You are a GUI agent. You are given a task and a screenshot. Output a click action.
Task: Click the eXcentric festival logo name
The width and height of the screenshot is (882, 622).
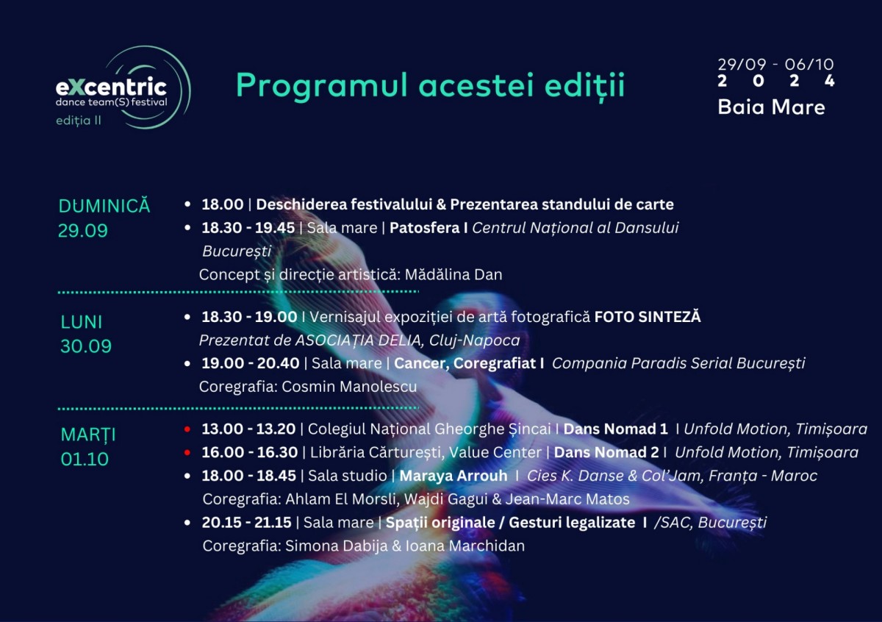tap(111, 87)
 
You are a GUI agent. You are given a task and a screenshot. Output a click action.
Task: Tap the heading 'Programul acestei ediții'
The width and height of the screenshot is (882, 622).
tap(431, 86)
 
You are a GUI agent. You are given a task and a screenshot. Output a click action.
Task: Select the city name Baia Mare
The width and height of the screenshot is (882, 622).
tap(771, 107)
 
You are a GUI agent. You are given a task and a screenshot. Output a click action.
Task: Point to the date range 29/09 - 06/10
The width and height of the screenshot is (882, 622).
tap(775, 64)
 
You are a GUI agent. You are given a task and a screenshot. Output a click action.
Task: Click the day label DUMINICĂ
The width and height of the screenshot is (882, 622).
tap(104, 206)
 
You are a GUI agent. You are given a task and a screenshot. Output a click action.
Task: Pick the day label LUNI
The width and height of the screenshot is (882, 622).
tap(81, 322)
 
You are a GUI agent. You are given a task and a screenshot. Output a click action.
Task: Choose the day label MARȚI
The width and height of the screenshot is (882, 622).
tap(88, 435)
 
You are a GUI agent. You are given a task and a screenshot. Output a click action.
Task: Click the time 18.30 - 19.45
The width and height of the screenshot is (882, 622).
tap(248, 228)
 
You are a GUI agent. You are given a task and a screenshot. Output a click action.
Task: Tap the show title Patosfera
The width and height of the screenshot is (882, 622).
tap(425, 228)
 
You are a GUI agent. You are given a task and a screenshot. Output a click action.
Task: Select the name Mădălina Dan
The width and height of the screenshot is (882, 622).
tap(453, 274)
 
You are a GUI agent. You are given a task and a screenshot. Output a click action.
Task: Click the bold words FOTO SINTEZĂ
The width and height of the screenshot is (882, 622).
tap(648, 316)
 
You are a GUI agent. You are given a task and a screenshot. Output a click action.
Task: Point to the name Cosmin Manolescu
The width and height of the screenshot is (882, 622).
tap(349, 387)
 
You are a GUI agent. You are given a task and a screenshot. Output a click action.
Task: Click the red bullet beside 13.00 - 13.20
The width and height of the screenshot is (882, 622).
tap(187, 429)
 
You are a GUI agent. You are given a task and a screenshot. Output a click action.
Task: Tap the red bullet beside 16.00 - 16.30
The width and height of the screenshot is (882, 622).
tap(187, 453)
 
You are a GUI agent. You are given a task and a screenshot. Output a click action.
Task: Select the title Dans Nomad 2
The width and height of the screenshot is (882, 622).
tap(606, 452)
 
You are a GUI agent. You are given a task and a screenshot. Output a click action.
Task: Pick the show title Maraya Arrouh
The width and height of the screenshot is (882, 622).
tap(453, 476)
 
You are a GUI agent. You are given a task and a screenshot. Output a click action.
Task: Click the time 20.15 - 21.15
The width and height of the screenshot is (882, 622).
tap(246, 522)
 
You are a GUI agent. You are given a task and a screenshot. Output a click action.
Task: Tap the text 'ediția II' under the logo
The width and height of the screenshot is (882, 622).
tap(79, 121)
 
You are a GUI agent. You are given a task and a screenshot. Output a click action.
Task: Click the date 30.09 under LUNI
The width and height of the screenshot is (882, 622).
tap(86, 346)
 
